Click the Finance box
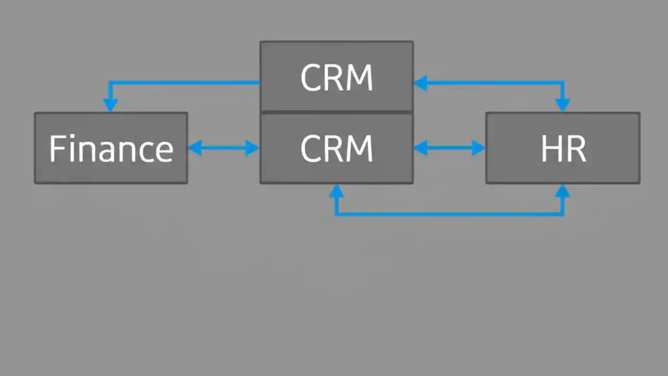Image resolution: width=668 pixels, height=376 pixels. point(111,148)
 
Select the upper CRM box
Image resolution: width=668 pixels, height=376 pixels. point(337,77)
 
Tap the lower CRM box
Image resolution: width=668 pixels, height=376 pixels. point(337,148)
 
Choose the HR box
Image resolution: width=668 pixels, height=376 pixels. point(563,148)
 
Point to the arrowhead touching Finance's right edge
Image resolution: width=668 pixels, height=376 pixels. point(195,148)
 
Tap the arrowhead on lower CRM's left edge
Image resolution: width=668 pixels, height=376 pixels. point(253,148)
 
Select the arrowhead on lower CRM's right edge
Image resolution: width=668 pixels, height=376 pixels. point(421,148)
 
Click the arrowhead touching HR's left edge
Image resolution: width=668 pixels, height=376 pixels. point(479,148)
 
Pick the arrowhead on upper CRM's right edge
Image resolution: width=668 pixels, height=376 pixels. point(421,83)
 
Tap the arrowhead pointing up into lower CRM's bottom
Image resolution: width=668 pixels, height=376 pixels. point(337,191)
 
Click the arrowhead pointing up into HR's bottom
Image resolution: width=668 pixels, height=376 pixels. point(563,191)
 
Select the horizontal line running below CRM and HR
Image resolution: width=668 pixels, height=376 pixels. point(449,214)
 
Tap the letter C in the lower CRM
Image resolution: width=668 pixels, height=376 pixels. point(311,149)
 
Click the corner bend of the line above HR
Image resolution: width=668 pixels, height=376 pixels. point(563,83)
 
